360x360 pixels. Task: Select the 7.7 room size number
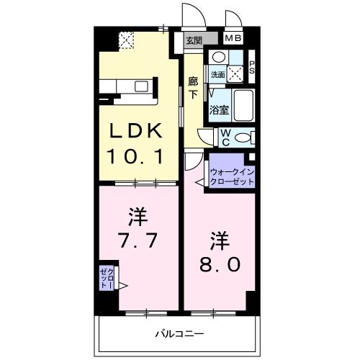pyautogui.click(x=138, y=238)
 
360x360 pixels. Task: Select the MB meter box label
pyautogui.click(x=233, y=39)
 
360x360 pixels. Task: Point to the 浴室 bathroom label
pyautogui.click(x=219, y=110)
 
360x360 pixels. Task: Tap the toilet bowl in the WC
pyautogui.click(x=243, y=138)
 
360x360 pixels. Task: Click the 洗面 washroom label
pyautogui.click(x=218, y=74)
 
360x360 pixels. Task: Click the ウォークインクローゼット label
pyautogui.click(x=232, y=176)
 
